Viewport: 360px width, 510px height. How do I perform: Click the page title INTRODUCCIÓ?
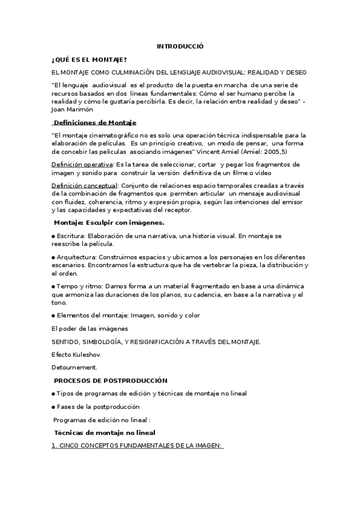coord(180,46)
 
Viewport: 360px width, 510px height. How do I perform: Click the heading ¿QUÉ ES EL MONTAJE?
coord(89,59)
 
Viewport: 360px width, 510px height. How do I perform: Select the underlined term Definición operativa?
coord(82,164)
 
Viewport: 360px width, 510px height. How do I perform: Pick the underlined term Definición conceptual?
coord(85,185)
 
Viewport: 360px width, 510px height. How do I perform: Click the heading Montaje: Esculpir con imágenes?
coord(109,223)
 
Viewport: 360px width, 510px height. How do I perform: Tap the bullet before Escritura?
coord(53,236)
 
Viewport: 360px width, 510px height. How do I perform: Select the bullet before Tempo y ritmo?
coord(53,286)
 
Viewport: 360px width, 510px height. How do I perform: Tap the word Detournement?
coord(75,367)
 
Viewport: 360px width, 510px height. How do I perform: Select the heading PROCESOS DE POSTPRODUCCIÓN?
coord(111,380)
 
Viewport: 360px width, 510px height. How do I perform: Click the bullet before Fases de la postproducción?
coord(53,407)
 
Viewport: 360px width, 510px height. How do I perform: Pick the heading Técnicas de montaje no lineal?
coord(105,432)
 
